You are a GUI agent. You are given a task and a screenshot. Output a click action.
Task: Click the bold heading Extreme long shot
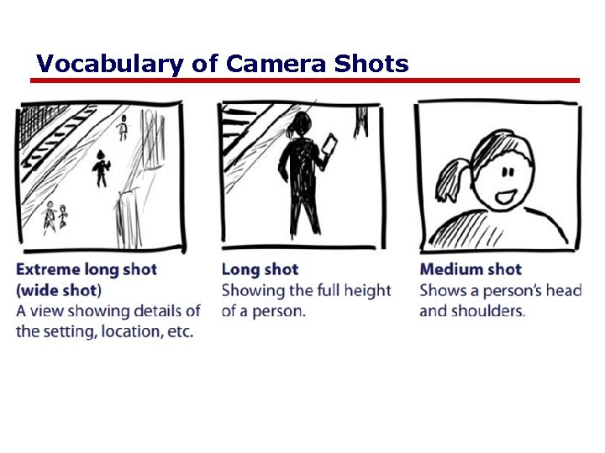pos(86,269)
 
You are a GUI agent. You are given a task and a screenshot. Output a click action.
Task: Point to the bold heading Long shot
pos(260,269)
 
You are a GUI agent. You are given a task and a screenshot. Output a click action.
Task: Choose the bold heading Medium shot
pos(471,269)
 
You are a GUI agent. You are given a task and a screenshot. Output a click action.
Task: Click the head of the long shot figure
pos(297,126)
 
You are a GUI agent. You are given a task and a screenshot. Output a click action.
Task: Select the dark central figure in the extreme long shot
pos(102,168)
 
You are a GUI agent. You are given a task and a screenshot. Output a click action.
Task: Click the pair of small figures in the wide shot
pos(55,216)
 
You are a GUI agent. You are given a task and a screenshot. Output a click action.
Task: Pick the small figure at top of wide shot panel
pos(124,126)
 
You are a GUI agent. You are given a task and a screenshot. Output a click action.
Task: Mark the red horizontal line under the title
pos(305,81)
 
